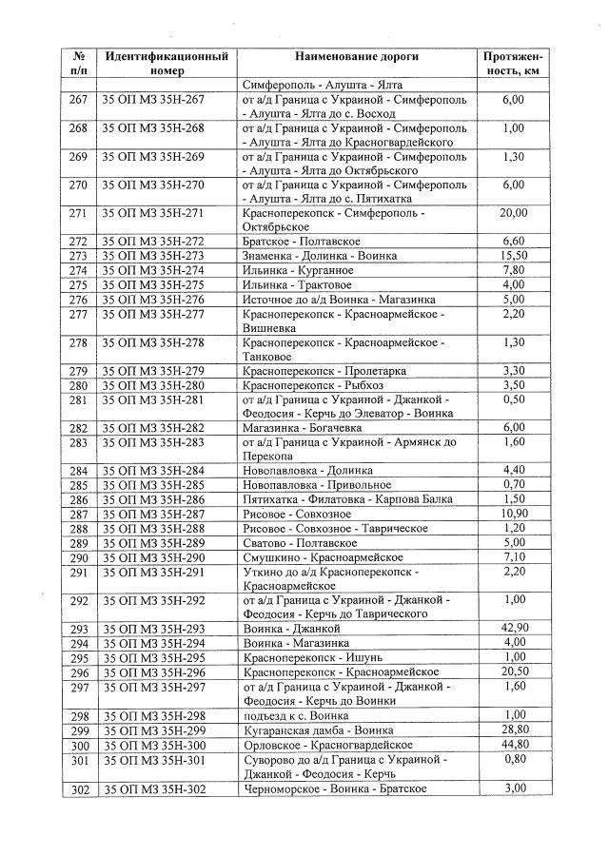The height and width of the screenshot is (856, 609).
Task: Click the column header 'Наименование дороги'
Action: pyautogui.click(x=357, y=57)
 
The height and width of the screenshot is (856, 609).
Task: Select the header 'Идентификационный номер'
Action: pyautogui.click(x=167, y=64)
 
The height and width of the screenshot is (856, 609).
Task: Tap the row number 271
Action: pyautogui.click(x=79, y=213)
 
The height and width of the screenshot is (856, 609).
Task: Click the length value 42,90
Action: pyautogui.click(x=513, y=629)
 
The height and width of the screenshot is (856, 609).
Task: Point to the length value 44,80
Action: pyautogui.click(x=513, y=744)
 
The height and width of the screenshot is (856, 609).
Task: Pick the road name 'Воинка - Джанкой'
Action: pyautogui.click(x=290, y=629)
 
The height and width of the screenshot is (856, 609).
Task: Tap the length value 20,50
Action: pyautogui.click(x=513, y=671)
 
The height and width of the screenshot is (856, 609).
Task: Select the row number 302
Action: pyautogui.click(x=79, y=788)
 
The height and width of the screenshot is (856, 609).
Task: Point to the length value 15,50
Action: pyautogui.click(x=513, y=256)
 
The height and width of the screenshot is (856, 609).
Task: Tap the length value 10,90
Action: pyautogui.click(x=513, y=514)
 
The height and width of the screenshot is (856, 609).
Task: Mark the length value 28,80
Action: pyautogui.click(x=513, y=730)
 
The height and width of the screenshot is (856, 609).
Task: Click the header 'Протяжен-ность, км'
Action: pyautogui.click(x=513, y=64)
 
